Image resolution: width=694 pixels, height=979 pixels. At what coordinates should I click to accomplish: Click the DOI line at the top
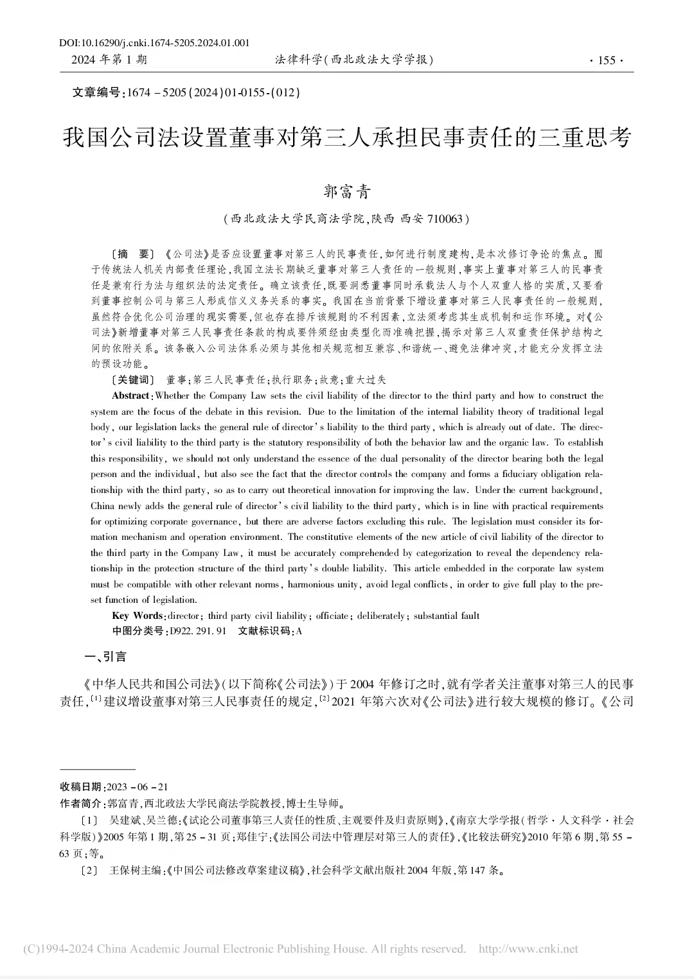(154, 43)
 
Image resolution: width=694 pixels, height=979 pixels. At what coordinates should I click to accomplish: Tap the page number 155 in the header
(606, 60)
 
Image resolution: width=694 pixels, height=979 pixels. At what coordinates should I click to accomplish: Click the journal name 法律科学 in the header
(298, 60)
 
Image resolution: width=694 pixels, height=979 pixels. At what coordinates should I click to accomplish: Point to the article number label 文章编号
(97, 93)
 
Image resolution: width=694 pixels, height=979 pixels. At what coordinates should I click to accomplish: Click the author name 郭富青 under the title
(347, 191)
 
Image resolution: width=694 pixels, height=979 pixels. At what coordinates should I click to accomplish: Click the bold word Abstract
(131, 395)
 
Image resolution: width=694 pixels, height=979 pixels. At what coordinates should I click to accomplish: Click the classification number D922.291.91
(197, 631)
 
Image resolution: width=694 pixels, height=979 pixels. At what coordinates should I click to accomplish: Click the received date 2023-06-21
(138, 787)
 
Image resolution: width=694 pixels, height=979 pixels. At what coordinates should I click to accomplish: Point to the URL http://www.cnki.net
(528, 949)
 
